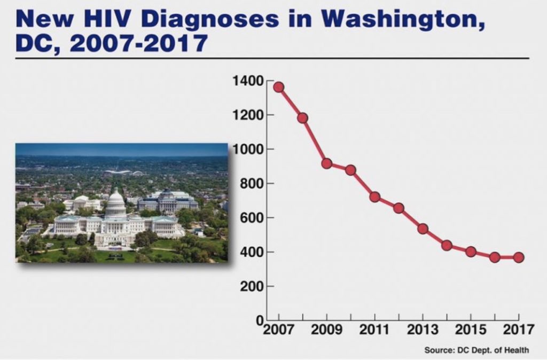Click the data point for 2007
pos(278,87)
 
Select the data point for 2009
pos(327,163)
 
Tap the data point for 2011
pos(374,197)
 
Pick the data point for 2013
pos(423,229)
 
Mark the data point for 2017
pos(519,257)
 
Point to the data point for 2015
pos(471,252)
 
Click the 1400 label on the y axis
pos(248,81)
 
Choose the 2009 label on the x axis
pos(327,330)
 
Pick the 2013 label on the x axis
pos(423,330)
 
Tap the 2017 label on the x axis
pos(519,330)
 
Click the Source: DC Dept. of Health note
pos(476,350)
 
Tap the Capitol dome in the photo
pos(115,201)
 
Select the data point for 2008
pos(302,118)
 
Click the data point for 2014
pos(447,246)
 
